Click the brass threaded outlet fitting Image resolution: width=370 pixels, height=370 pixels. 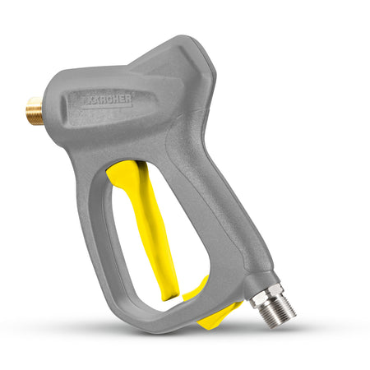click(35, 111)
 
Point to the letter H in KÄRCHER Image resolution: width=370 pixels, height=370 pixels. click(116, 99)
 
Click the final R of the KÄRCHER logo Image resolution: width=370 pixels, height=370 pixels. click(129, 99)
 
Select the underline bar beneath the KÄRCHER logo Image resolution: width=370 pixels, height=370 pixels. click(108, 107)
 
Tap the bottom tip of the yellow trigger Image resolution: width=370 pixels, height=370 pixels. click(170, 299)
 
